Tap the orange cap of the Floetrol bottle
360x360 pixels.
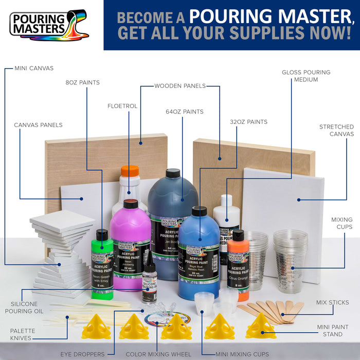(x=130, y=171)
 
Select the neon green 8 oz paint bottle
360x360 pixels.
(x=102, y=262)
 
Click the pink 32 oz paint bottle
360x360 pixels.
(x=131, y=242)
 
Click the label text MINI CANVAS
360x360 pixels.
(x=33, y=68)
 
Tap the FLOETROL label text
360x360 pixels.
(x=122, y=106)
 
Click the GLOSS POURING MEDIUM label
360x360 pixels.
(x=306, y=76)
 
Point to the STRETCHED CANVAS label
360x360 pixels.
(x=336, y=130)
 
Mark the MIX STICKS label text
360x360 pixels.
(x=332, y=302)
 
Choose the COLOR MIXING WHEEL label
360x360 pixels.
(x=158, y=354)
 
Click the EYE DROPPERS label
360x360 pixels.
(x=82, y=354)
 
